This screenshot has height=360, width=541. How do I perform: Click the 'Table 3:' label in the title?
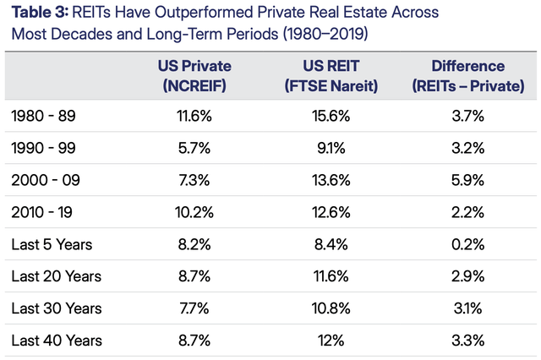tap(40, 14)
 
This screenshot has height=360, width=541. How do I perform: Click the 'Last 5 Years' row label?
tap(52, 244)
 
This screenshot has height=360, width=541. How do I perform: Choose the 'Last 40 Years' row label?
tap(57, 341)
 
